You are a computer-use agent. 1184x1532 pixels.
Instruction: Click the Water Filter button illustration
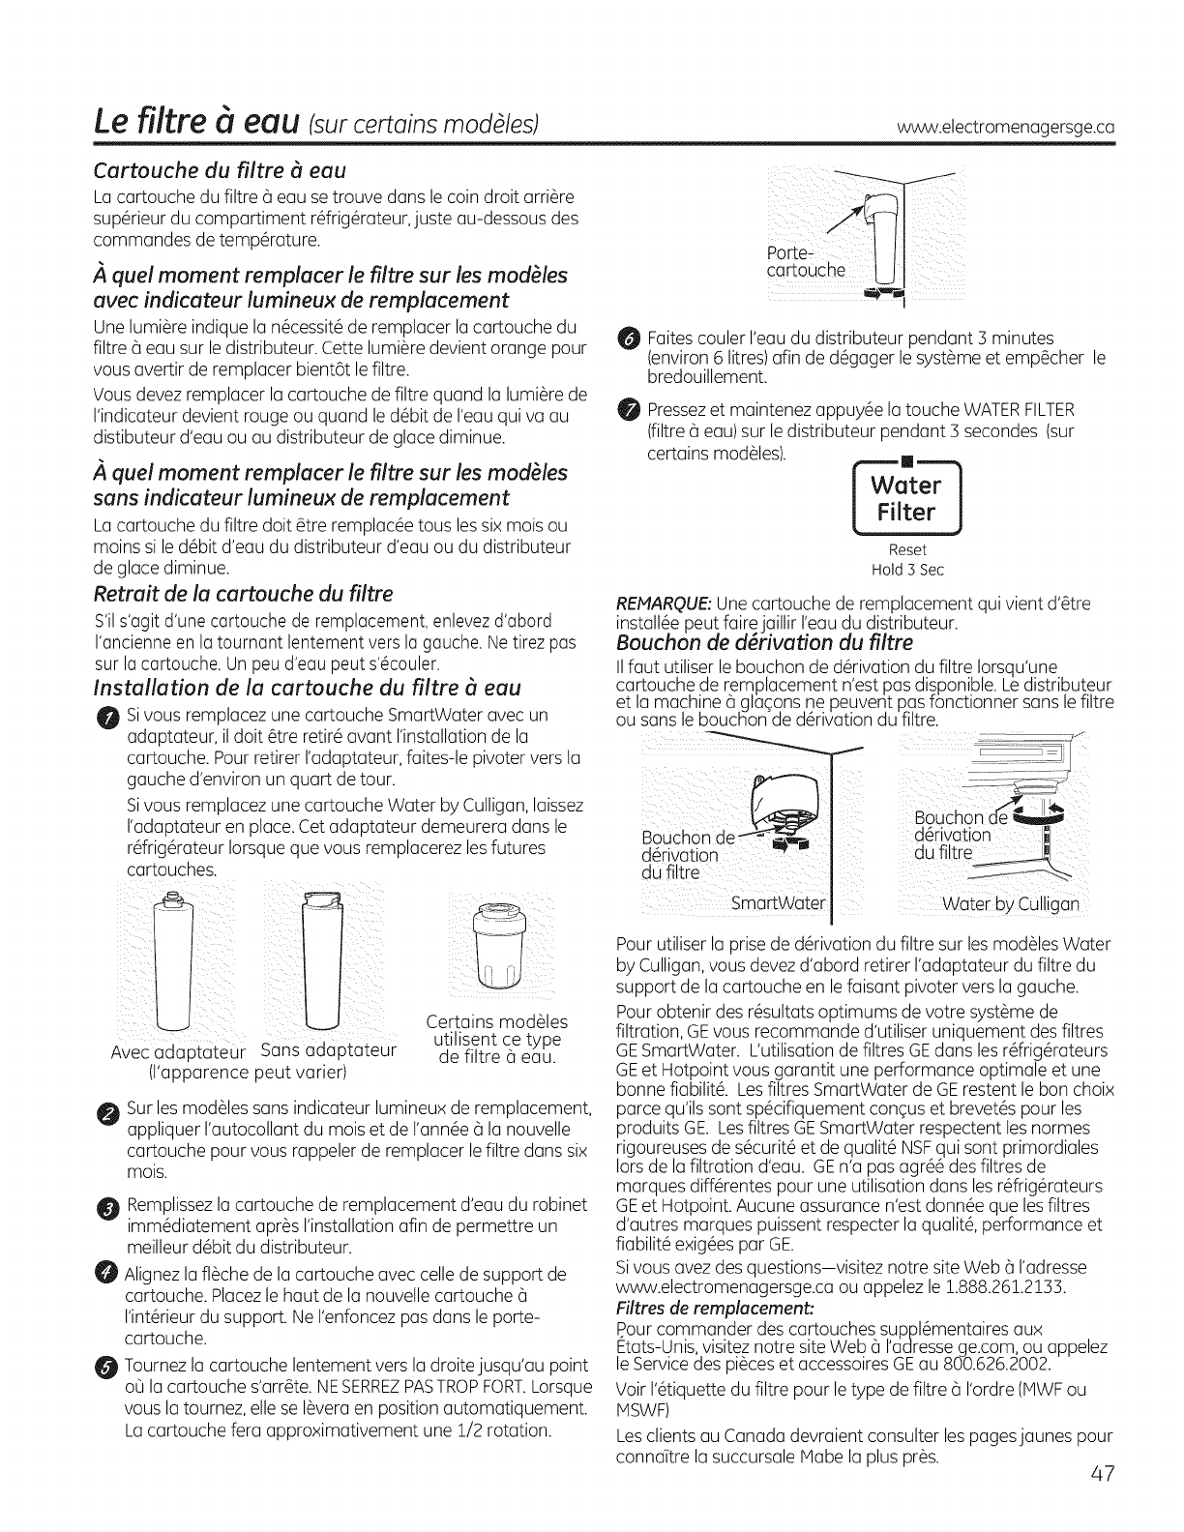[904, 498]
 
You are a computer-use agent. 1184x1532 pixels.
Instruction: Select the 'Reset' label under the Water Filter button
[903, 550]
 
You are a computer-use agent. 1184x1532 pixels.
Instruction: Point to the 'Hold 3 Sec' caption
[903, 569]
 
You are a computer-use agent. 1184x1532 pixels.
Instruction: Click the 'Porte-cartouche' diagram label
[805, 261]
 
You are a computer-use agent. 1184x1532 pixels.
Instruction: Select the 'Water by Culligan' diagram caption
[1011, 905]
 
